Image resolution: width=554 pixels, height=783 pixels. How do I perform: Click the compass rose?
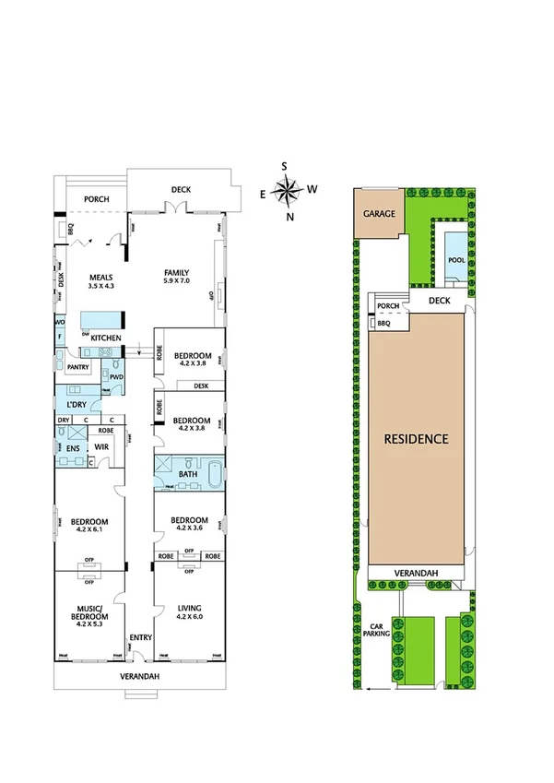tap(289, 191)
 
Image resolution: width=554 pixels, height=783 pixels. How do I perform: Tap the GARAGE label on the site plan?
tap(379, 214)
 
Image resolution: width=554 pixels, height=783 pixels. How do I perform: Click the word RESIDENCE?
tap(417, 439)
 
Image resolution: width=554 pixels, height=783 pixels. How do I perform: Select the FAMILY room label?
tap(177, 272)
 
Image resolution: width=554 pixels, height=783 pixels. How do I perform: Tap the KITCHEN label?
tap(106, 338)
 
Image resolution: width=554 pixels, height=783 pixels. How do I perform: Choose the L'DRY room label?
tap(76, 404)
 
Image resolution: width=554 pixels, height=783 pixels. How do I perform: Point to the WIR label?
tap(102, 447)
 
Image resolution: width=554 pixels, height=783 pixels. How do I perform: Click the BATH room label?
tap(188, 475)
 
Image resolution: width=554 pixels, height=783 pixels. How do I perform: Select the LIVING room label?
tap(188, 608)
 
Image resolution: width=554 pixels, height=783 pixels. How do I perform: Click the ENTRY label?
tap(140, 637)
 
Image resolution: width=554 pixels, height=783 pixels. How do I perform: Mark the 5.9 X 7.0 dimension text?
tap(177, 281)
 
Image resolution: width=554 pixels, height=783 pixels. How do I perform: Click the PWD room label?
tap(116, 376)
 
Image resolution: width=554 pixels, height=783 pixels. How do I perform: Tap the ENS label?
tap(72, 448)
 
